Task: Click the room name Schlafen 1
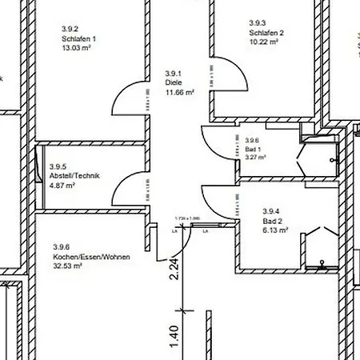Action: [x=78, y=38]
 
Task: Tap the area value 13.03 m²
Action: [x=77, y=47]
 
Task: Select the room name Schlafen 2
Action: [x=266, y=32]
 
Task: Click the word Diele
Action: [x=174, y=82]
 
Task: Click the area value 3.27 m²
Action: [x=256, y=158]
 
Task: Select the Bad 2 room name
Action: [x=273, y=219]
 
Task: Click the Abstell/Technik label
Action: [x=74, y=176]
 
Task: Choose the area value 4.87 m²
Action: [x=62, y=186]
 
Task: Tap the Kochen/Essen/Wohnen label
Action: [x=91, y=256]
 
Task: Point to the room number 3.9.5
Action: [x=58, y=167]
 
